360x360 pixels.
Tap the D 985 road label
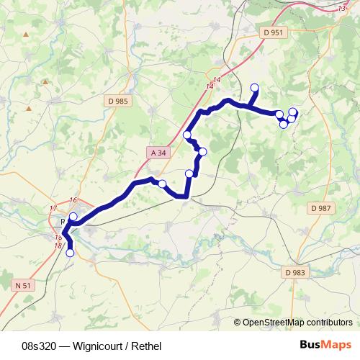pos(116,102)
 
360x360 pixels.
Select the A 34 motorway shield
pos(158,153)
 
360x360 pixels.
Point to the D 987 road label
pos(321,208)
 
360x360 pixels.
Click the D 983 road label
pos(295,272)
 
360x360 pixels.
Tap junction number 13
pos(341,8)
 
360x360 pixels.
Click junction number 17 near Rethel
pos(53,209)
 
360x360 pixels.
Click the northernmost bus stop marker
pos(253,88)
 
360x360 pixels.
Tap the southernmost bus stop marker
pos(70,253)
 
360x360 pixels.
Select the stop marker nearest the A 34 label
pos(187,135)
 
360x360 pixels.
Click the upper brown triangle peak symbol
pos(45,81)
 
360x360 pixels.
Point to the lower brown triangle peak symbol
pos(29,109)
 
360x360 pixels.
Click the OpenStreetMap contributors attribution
pos(297,322)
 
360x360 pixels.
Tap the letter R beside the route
pos(63,222)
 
